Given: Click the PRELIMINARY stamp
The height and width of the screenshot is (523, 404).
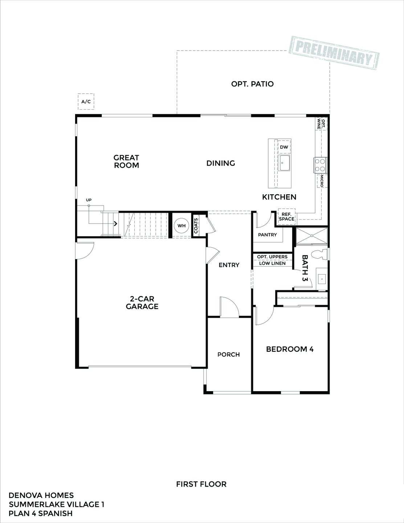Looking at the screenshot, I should (335, 52).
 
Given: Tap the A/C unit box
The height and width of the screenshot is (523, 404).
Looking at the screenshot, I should (86, 102).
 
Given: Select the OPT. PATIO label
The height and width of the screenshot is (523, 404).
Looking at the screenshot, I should (252, 84).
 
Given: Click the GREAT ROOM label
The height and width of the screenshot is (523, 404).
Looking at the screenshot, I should (126, 162).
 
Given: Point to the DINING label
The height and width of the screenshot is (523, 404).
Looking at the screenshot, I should (221, 163).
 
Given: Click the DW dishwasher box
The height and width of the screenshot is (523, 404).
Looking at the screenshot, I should (284, 147).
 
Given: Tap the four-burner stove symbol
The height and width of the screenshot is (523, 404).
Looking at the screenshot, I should (320, 165).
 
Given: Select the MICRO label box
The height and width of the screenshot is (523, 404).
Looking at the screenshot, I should (322, 181).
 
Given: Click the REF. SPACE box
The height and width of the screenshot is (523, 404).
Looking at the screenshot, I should (287, 217).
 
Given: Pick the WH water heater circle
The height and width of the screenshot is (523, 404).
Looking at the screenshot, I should (181, 226).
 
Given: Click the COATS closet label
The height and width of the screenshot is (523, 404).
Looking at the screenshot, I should (196, 226).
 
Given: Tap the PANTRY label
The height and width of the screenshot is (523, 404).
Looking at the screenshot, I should (268, 235).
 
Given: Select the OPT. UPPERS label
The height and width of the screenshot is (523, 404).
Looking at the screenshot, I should (272, 257).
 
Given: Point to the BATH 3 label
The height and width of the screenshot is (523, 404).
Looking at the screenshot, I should (305, 268).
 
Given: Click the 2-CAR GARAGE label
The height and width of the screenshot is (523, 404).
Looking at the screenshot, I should (142, 303).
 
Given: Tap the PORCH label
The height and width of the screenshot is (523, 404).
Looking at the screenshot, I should (229, 354).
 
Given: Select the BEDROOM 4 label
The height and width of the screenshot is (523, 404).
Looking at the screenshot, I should (290, 349).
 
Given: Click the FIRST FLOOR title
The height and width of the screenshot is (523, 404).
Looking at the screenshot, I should (201, 484).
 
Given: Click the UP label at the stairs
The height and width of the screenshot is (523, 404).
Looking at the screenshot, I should (89, 200).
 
